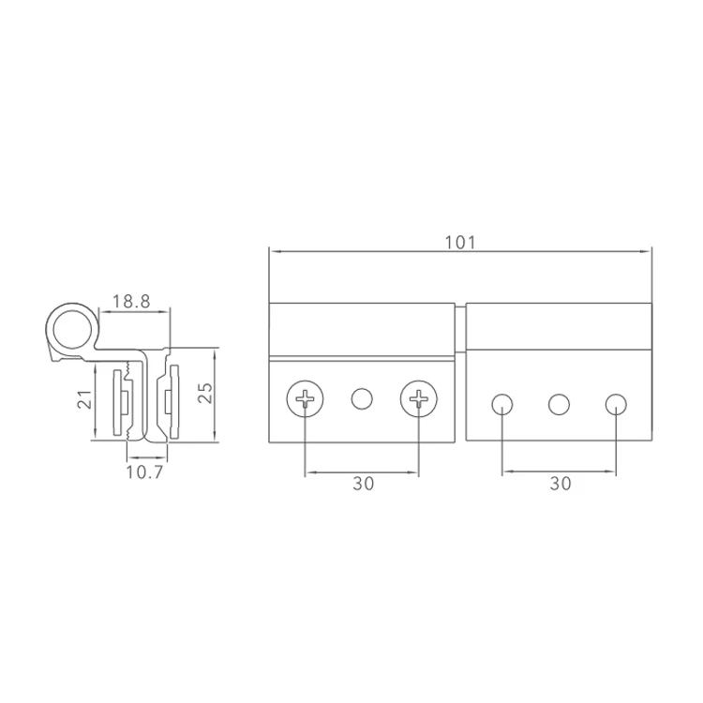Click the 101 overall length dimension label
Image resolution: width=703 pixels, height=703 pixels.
coord(459,243)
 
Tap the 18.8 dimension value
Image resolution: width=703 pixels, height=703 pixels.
coord(131,301)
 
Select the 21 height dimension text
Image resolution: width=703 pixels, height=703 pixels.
coord(85,399)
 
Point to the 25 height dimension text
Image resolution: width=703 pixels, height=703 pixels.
coord(205,393)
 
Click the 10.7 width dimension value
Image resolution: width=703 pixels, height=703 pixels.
coord(144,472)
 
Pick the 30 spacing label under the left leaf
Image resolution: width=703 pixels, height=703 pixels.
coord(363,484)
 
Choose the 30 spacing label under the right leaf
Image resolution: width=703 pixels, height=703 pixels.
coord(561,484)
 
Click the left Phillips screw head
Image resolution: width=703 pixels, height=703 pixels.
coord(305,398)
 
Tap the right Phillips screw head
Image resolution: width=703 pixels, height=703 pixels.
coord(419,398)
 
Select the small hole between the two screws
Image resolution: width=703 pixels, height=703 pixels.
coord(362,398)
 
